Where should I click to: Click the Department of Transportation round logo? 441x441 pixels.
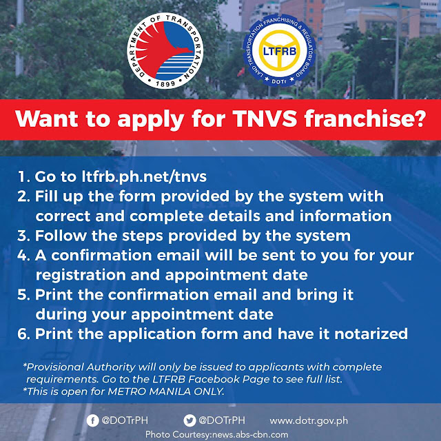coord(165,50)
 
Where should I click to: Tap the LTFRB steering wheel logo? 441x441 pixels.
coord(279,50)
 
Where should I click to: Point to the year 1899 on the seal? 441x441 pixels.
coord(165,83)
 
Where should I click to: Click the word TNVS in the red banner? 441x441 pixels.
coord(265,119)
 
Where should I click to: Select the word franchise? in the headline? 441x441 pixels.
coord(365,119)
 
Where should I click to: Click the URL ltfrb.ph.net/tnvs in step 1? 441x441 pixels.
coord(144,177)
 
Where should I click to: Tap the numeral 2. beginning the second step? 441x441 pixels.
coord(23,196)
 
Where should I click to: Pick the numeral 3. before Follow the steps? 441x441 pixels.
coord(23,236)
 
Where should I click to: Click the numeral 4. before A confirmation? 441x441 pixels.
coord(23,256)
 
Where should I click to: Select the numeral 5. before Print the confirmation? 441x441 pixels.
coord(23,295)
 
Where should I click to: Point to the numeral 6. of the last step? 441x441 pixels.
coord(23,334)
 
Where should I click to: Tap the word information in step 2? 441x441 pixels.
coord(345,216)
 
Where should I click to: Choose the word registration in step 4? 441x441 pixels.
coord(81,276)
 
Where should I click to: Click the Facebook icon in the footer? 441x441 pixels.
coord(92,421)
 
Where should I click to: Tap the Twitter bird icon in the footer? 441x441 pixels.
coord(189,421)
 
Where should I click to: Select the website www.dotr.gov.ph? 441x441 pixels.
coord(309,421)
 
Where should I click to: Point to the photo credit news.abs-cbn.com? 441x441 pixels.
coord(250,435)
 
